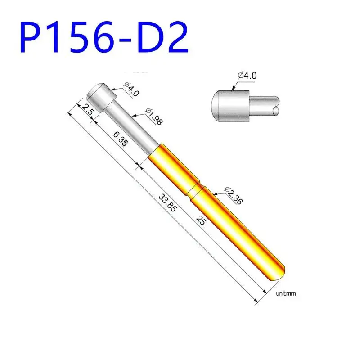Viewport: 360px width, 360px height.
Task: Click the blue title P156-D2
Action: [104, 37]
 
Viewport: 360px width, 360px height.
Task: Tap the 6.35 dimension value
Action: [121, 139]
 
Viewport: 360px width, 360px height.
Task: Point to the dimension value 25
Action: [201, 220]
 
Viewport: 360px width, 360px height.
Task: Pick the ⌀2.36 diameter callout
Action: [234, 196]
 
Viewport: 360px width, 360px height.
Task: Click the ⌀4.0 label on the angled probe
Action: [131, 89]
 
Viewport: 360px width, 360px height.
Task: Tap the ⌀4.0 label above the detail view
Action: [247, 75]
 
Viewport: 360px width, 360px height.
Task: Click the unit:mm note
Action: [286, 293]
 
